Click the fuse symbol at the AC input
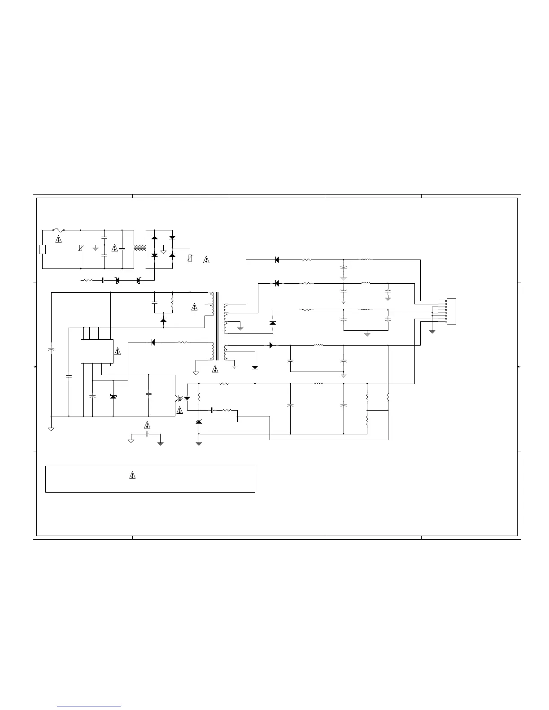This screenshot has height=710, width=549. click(x=58, y=230)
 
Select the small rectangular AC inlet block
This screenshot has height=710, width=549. click(x=42, y=249)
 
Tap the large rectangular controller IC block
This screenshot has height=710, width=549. click(x=97, y=351)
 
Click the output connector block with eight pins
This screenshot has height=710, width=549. click(x=451, y=312)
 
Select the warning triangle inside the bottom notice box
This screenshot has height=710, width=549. click(x=132, y=475)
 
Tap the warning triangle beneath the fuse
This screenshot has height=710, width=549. click(x=58, y=239)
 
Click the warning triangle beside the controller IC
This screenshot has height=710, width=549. click(x=118, y=351)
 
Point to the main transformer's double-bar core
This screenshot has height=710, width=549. click(x=218, y=326)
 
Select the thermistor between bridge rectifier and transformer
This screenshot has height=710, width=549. click(x=190, y=259)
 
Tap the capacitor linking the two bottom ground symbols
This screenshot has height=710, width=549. click(x=147, y=434)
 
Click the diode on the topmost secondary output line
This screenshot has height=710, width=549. click(x=277, y=260)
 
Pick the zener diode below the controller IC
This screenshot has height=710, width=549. click(x=113, y=397)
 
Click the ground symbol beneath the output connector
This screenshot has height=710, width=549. click(x=432, y=331)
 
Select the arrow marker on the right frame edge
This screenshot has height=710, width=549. click(x=519, y=367)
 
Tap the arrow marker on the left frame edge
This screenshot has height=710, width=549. click(x=35, y=367)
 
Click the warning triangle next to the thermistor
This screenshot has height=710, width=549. click(x=206, y=259)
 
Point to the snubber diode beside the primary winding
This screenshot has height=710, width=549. click(x=163, y=320)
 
